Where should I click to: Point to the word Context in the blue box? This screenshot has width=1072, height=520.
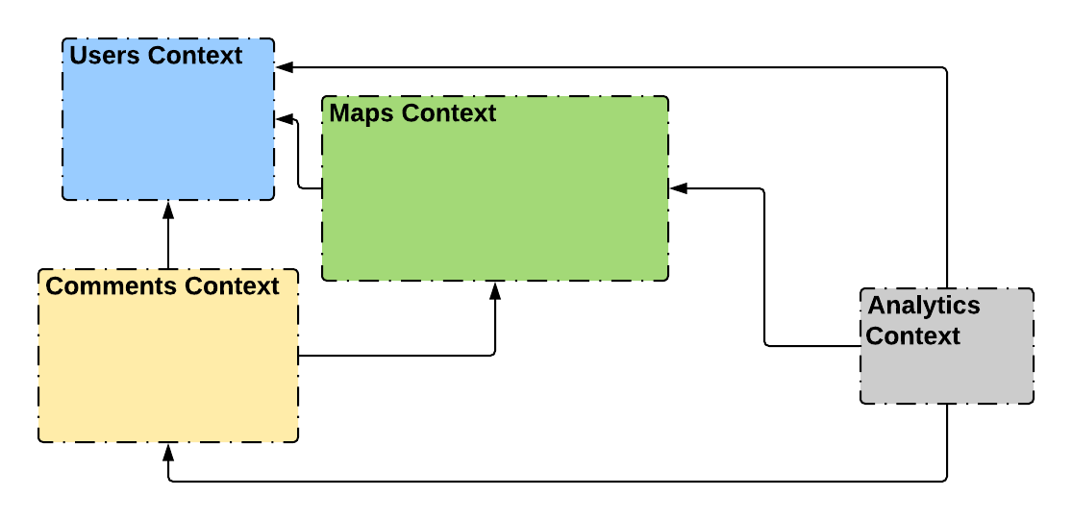pos(195,56)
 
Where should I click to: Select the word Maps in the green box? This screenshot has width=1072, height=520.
pos(361,113)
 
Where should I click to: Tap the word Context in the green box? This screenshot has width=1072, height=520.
pos(449,113)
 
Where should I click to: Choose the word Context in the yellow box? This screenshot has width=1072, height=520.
pos(232,286)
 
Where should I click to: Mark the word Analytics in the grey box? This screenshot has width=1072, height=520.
pos(924,306)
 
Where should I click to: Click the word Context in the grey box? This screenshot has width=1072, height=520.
pos(912,336)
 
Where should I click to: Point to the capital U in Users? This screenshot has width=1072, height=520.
pos(78,56)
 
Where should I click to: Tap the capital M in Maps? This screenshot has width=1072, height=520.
pos(338,113)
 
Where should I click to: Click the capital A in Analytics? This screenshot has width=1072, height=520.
pos(877,306)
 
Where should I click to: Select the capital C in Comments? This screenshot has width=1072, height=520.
pos(54,286)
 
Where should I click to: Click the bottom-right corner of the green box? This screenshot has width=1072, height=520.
pos(666,279)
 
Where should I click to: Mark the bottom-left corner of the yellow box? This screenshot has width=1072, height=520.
pos(40,440)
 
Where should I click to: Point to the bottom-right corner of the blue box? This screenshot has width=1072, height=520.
pos(272,198)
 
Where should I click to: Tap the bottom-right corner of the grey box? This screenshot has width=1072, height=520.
pos(1032,401)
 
